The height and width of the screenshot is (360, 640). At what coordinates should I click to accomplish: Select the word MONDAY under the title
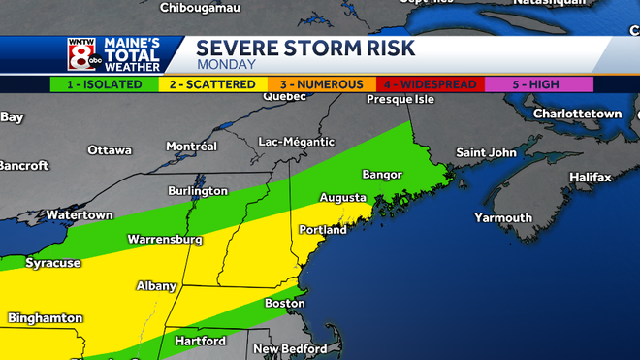click(x=226, y=65)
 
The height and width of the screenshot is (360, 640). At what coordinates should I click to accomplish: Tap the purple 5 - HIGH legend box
click(x=538, y=84)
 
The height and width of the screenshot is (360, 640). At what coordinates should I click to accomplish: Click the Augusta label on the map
click(x=343, y=197)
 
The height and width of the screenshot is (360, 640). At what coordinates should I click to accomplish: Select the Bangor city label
click(x=380, y=175)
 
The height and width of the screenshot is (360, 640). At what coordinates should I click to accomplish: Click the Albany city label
click(x=156, y=285)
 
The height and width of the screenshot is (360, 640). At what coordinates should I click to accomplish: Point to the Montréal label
click(x=191, y=147)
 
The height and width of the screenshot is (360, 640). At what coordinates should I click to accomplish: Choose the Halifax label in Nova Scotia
click(x=590, y=178)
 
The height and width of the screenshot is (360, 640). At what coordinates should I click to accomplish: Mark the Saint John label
click(x=485, y=152)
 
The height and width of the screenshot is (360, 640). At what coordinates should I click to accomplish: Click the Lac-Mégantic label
click(x=296, y=142)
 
